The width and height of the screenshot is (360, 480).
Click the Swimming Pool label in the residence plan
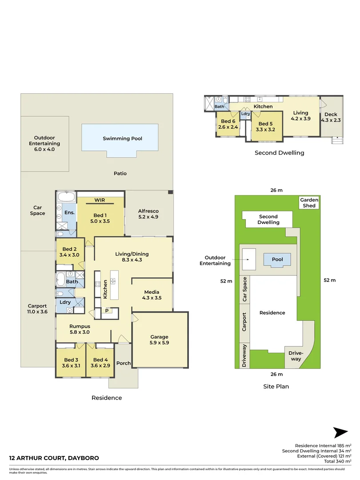pos(122,138)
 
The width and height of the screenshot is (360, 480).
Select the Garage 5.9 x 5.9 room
pos(159,340)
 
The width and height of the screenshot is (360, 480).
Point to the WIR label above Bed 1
pos(100,200)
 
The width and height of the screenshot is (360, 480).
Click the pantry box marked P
pos(107,311)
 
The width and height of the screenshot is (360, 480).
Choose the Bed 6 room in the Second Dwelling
pos(228,124)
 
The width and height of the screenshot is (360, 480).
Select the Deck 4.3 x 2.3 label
pos(331,117)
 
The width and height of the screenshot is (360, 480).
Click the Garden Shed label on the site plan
pos(309,203)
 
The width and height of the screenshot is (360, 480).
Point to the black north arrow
pos(340,432)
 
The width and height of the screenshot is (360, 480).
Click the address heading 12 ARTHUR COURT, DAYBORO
pos(54,458)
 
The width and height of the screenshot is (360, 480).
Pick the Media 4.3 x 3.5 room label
pos(152,295)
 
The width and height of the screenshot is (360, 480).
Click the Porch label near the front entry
pos(123,363)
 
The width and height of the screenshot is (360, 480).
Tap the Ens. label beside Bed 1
pos(69,212)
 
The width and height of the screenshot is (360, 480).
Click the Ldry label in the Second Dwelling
pos(245,114)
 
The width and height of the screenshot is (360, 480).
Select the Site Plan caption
pos(276,386)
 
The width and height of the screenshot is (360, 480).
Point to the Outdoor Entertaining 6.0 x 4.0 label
pos(44,144)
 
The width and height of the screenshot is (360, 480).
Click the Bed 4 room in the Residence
pos(100,363)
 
